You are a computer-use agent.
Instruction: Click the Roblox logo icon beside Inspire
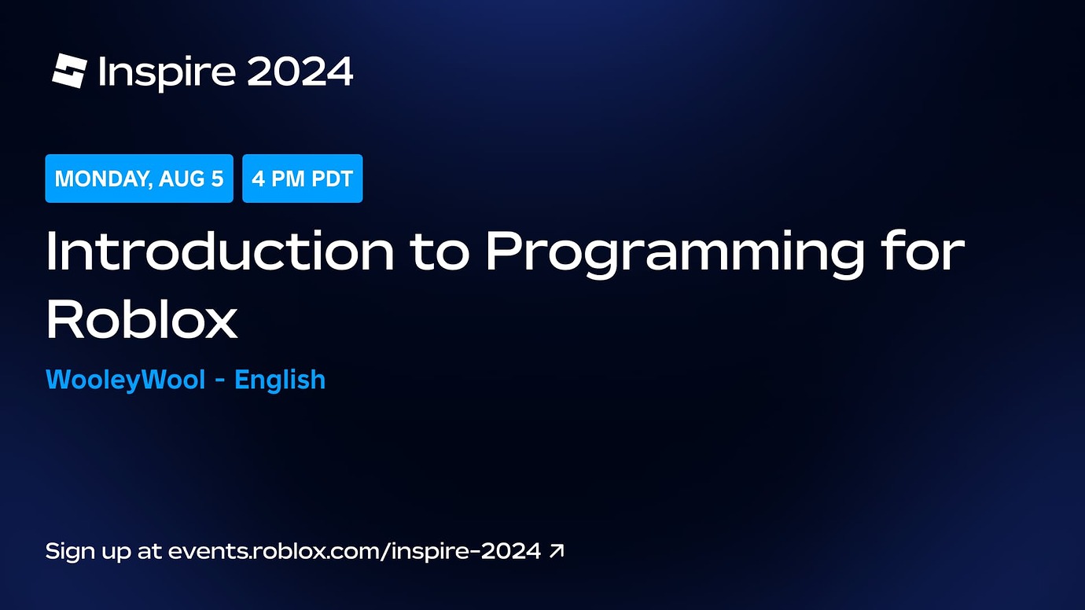point(68,71)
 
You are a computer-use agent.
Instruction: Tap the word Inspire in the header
point(167,72)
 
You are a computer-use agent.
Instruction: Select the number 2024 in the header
point(300,72)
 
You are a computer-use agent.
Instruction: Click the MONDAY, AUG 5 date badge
point(139,178)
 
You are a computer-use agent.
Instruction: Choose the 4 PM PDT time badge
point(302,178)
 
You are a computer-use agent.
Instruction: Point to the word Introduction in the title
point(220,252)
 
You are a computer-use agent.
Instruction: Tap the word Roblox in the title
point(142,319)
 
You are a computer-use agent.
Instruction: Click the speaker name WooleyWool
point(126,380)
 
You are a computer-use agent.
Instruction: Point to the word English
point(280,380)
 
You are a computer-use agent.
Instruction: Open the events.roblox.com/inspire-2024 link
point(355,551)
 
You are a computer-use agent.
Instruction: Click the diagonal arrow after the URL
point(557,551)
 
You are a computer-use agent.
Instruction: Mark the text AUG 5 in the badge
point(191,178)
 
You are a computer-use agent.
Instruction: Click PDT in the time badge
point(333,178)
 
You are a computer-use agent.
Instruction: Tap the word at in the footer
point(149,551)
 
